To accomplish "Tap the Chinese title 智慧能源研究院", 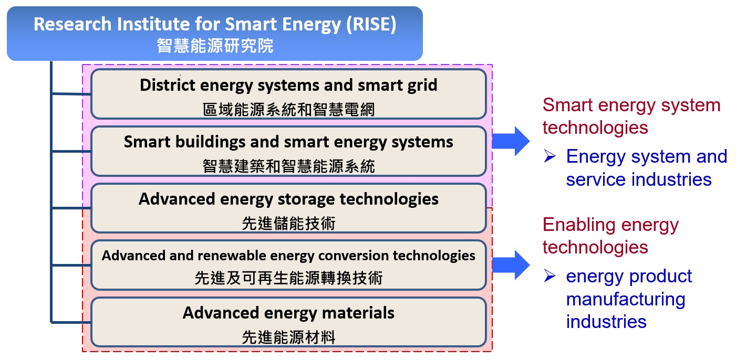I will pos(215,46).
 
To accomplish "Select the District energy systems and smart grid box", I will pos(288,94).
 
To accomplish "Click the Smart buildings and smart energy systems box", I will pos(288,151).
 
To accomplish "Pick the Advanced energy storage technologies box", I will pos(288,208).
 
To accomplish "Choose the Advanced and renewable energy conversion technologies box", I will pos(288,265).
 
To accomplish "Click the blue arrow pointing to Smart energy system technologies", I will pos(511,141).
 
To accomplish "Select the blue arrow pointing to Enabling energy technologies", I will pos(511,265).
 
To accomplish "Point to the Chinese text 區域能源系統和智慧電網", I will pos(288,109).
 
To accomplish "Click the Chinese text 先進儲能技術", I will pos(288,223).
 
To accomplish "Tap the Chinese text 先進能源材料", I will pos(288,337).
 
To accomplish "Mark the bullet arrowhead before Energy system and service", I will pos(550,156).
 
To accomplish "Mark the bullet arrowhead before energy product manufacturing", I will pos(550,276).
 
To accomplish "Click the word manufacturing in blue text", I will pos(626,299).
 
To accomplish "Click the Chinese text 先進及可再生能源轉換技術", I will pos(288,278).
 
